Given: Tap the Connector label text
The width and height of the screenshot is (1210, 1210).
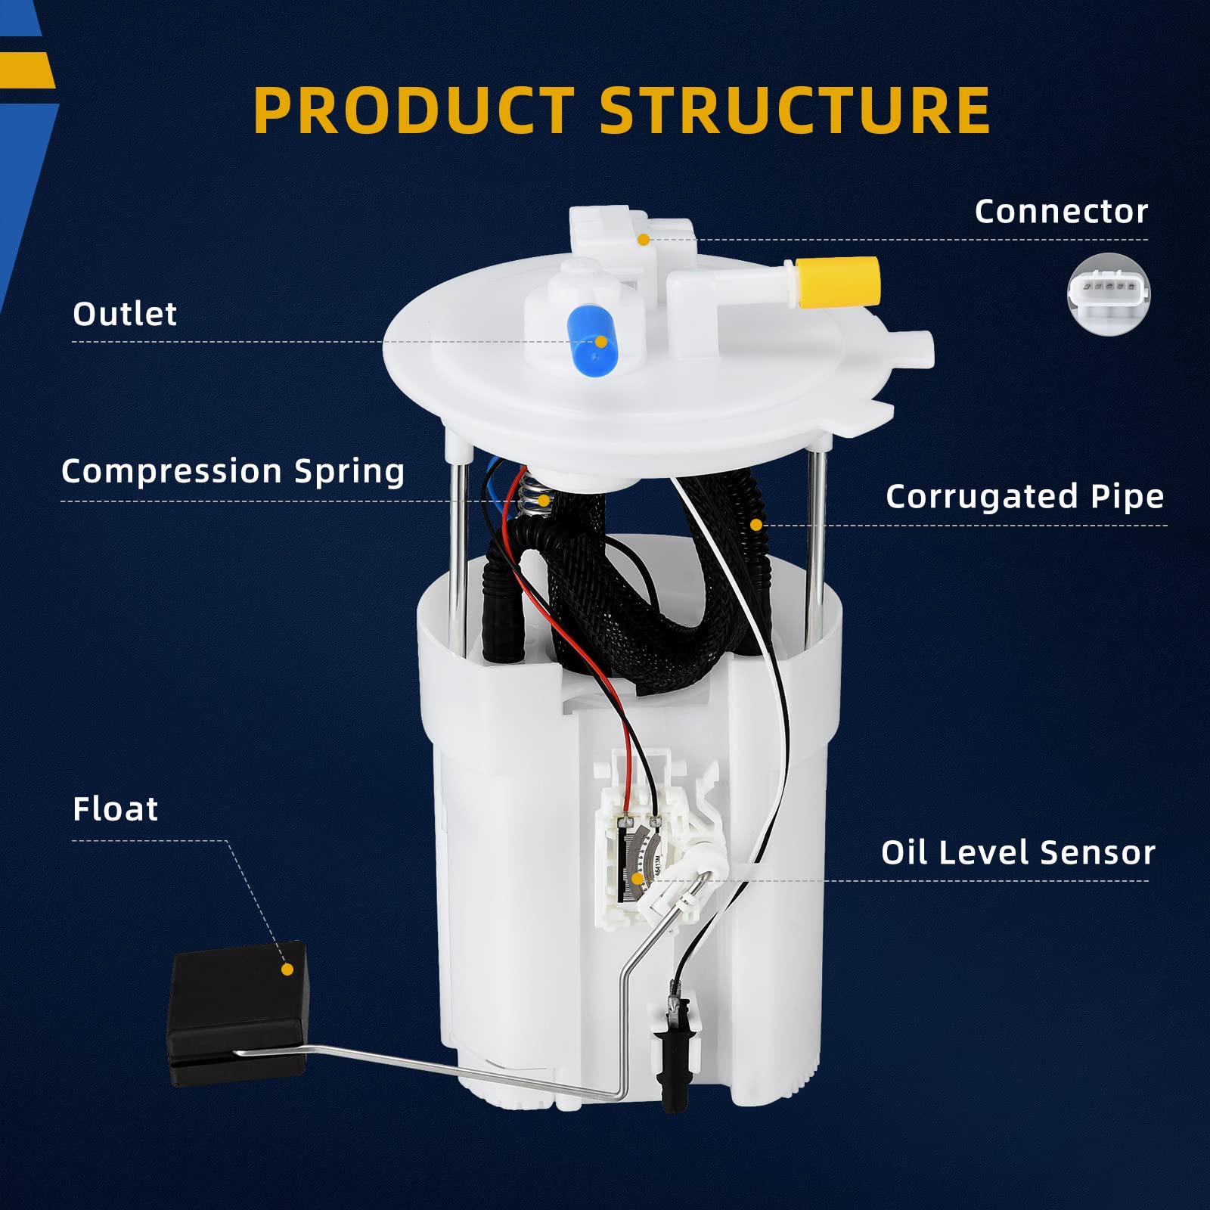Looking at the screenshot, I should pos(1060,211).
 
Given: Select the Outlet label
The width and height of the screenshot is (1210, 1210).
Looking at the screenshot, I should pos(125,314).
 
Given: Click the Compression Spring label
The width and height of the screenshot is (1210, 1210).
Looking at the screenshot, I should pos(233,471).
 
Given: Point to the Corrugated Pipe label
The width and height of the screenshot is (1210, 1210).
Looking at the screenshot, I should pos(1024,497).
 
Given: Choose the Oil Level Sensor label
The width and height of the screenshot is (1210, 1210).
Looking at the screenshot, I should pos(1018,852).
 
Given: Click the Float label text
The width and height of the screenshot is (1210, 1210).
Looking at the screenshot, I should pos(116,809).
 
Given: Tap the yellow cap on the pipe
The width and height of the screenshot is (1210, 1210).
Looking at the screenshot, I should pos(838,282).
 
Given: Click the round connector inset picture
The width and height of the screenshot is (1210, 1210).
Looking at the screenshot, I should pos(1108,294).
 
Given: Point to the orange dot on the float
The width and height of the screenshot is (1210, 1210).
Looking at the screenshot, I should pos(287,969).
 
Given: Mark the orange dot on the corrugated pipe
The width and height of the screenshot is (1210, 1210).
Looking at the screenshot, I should pos(755,524).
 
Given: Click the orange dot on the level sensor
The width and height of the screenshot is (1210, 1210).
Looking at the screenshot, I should pos(638,879).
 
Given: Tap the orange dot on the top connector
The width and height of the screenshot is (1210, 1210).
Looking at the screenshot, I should pos(643,240).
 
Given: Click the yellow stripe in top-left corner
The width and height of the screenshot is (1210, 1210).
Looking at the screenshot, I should pos(27,70).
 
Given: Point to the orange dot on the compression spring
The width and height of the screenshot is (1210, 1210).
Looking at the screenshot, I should pos(543,501).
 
